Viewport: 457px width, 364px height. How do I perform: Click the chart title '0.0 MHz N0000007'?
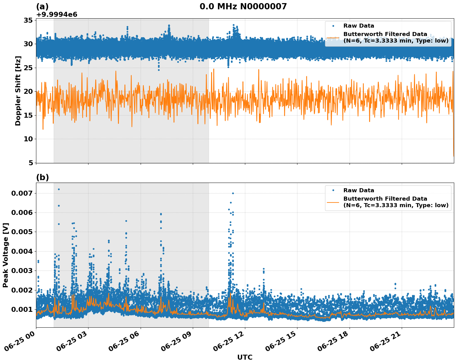tap(243, 7)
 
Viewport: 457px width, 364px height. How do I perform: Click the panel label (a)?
tap(42, 7)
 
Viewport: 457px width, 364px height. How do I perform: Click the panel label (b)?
tap(42, 177)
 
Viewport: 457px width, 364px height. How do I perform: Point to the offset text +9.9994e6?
tap(57, 15)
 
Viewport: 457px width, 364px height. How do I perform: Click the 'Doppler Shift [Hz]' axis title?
tap(18, 91)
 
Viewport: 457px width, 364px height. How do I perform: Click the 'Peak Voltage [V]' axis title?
tap(5, 255)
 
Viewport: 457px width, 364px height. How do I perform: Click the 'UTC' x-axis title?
tap(245, 357)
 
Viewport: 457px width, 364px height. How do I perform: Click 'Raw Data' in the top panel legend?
tap(359, 26)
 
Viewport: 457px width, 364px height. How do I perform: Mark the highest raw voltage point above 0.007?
tap(59, 189)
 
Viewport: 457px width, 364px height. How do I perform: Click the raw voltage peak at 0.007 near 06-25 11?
tap(233, 193)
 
